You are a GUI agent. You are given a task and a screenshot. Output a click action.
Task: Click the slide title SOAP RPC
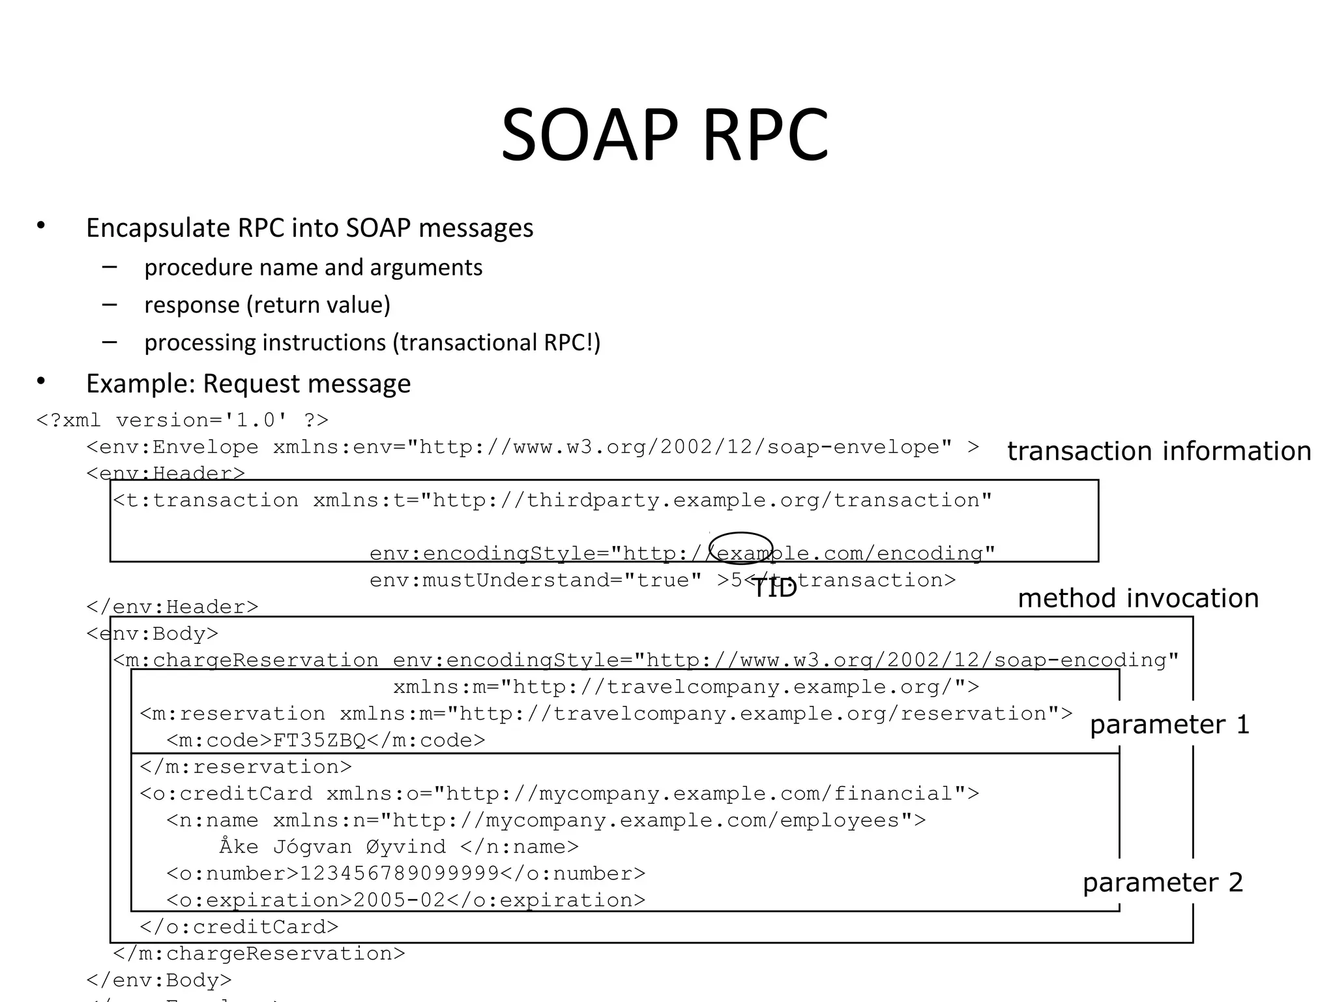(664, 135)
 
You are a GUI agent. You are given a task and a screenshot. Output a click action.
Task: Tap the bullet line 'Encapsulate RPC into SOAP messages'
(310, 228)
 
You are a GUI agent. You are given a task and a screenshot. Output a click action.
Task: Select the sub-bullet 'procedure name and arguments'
(314, 267)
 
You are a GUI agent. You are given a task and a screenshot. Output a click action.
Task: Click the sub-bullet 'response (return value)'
(267, 305)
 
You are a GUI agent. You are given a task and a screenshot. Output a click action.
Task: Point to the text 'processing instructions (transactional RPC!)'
(372, 342)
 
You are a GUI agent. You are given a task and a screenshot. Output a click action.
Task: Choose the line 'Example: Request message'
(248, 384)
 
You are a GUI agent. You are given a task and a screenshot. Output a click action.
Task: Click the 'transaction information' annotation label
(1159, 451)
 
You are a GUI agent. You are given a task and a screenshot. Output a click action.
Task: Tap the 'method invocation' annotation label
(1138, 598)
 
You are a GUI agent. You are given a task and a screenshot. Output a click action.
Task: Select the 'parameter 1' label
(1169, 725)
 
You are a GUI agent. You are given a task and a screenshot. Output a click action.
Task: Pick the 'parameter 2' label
(1163, 883)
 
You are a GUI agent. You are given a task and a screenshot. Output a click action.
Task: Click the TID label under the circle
(774, 588)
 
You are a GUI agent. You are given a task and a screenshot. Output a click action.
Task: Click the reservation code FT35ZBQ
(319, 740)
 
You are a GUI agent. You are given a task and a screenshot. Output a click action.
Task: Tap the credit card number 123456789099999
(399, 873)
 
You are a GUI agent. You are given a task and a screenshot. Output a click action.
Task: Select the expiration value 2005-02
(399, 900)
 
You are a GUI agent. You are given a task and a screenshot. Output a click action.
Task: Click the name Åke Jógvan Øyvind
(332, 847)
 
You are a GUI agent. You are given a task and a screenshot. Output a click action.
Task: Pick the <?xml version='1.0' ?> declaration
(183, 419)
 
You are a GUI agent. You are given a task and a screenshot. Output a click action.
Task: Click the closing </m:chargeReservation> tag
(259, 954)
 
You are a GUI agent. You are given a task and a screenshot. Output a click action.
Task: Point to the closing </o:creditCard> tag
(239, 927)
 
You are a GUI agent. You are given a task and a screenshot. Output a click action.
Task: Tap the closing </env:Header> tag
(172, 607)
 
